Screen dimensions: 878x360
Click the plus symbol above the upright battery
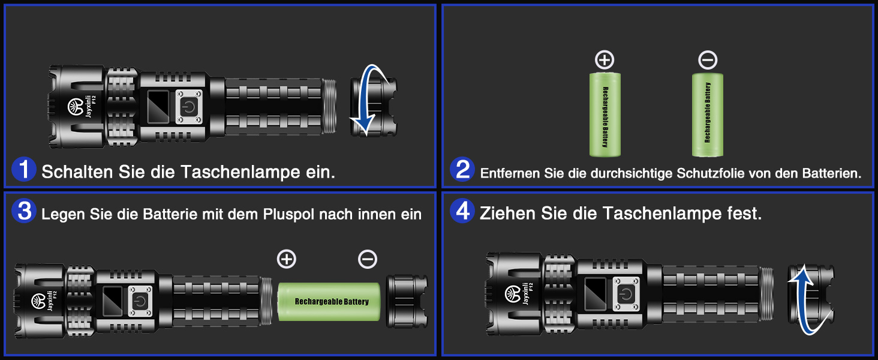605,60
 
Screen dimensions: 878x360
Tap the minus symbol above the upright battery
708,60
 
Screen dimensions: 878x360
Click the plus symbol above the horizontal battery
287,259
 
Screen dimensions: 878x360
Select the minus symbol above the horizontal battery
368,259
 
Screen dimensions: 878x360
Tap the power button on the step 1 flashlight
189,107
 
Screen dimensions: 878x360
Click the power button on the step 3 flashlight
140,301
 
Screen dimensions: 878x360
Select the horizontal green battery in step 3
329,302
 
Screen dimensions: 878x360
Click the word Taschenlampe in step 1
240,172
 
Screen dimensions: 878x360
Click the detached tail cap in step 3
407,302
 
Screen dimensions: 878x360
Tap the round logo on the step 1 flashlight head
76,107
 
